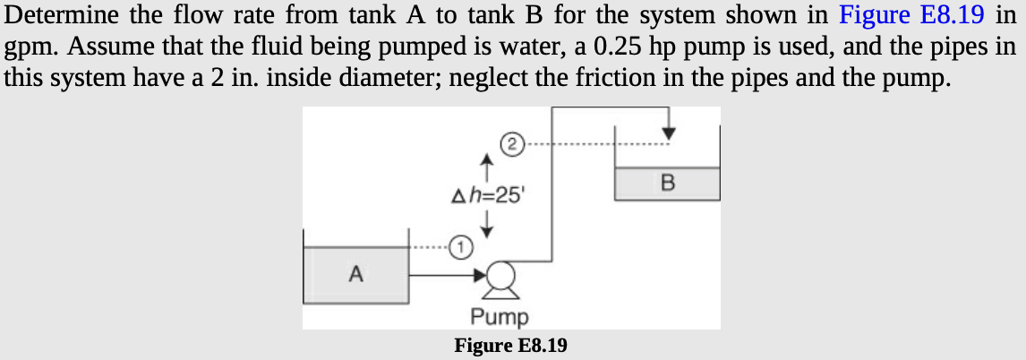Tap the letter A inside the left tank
coord(355,275)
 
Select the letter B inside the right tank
coord(666,184)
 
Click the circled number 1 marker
coord(458,244)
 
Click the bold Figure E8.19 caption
coord(510,345)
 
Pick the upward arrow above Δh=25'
coord(486,166)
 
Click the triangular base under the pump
coord(501,292)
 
